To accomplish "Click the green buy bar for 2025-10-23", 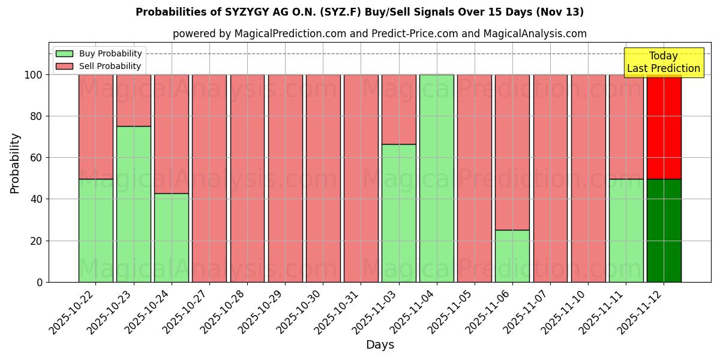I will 133,204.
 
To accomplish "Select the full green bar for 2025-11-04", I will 437,178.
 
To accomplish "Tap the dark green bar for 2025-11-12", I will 664,230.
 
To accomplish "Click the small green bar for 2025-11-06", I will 512,256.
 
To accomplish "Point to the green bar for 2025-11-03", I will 399,213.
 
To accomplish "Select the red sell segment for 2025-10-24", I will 172,134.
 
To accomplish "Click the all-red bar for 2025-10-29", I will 285,178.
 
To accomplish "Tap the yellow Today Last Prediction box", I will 663,62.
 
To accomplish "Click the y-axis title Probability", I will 15,163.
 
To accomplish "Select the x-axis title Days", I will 380,345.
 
